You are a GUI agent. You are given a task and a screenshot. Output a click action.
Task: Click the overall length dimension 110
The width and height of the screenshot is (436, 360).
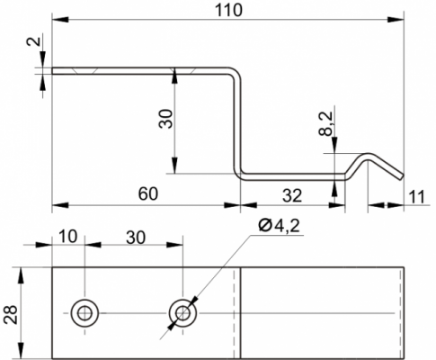pos(228,10)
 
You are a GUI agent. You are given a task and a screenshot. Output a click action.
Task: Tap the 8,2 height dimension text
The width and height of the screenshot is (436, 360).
pos(326,123)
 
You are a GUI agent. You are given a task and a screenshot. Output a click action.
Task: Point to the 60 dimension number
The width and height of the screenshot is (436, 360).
pos(147,193)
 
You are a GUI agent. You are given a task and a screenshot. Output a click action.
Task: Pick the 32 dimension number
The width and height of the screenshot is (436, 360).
pos(292,196)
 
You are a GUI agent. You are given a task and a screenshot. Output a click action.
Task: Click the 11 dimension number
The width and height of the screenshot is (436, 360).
pos(416,197)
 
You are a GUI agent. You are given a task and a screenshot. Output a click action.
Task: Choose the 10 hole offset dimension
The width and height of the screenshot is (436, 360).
pos(67,237)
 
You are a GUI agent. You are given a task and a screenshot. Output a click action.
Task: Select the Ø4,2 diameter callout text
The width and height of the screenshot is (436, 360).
pos(280,226)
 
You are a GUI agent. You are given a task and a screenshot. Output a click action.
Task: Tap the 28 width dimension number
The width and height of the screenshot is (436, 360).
pos(11,315)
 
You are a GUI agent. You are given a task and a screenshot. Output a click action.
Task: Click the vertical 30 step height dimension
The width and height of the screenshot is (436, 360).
pos(165,119)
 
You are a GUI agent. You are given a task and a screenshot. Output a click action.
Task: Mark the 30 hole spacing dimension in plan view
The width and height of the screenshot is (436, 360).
pos(136,238)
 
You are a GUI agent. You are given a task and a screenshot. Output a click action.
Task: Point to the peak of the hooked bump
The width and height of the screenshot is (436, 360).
pos(368,154)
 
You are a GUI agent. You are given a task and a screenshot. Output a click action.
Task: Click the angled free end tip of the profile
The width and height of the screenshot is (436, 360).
pos(401,177)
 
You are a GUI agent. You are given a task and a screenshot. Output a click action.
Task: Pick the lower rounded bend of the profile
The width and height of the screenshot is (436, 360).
pos(239,175)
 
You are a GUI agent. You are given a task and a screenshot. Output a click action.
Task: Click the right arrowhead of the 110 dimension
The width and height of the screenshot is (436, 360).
pos(396,20)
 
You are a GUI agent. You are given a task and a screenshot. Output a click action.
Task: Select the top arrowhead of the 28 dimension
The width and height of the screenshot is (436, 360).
pos(21,275)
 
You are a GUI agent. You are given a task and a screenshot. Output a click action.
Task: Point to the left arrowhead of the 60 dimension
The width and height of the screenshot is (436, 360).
pos(60,205)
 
